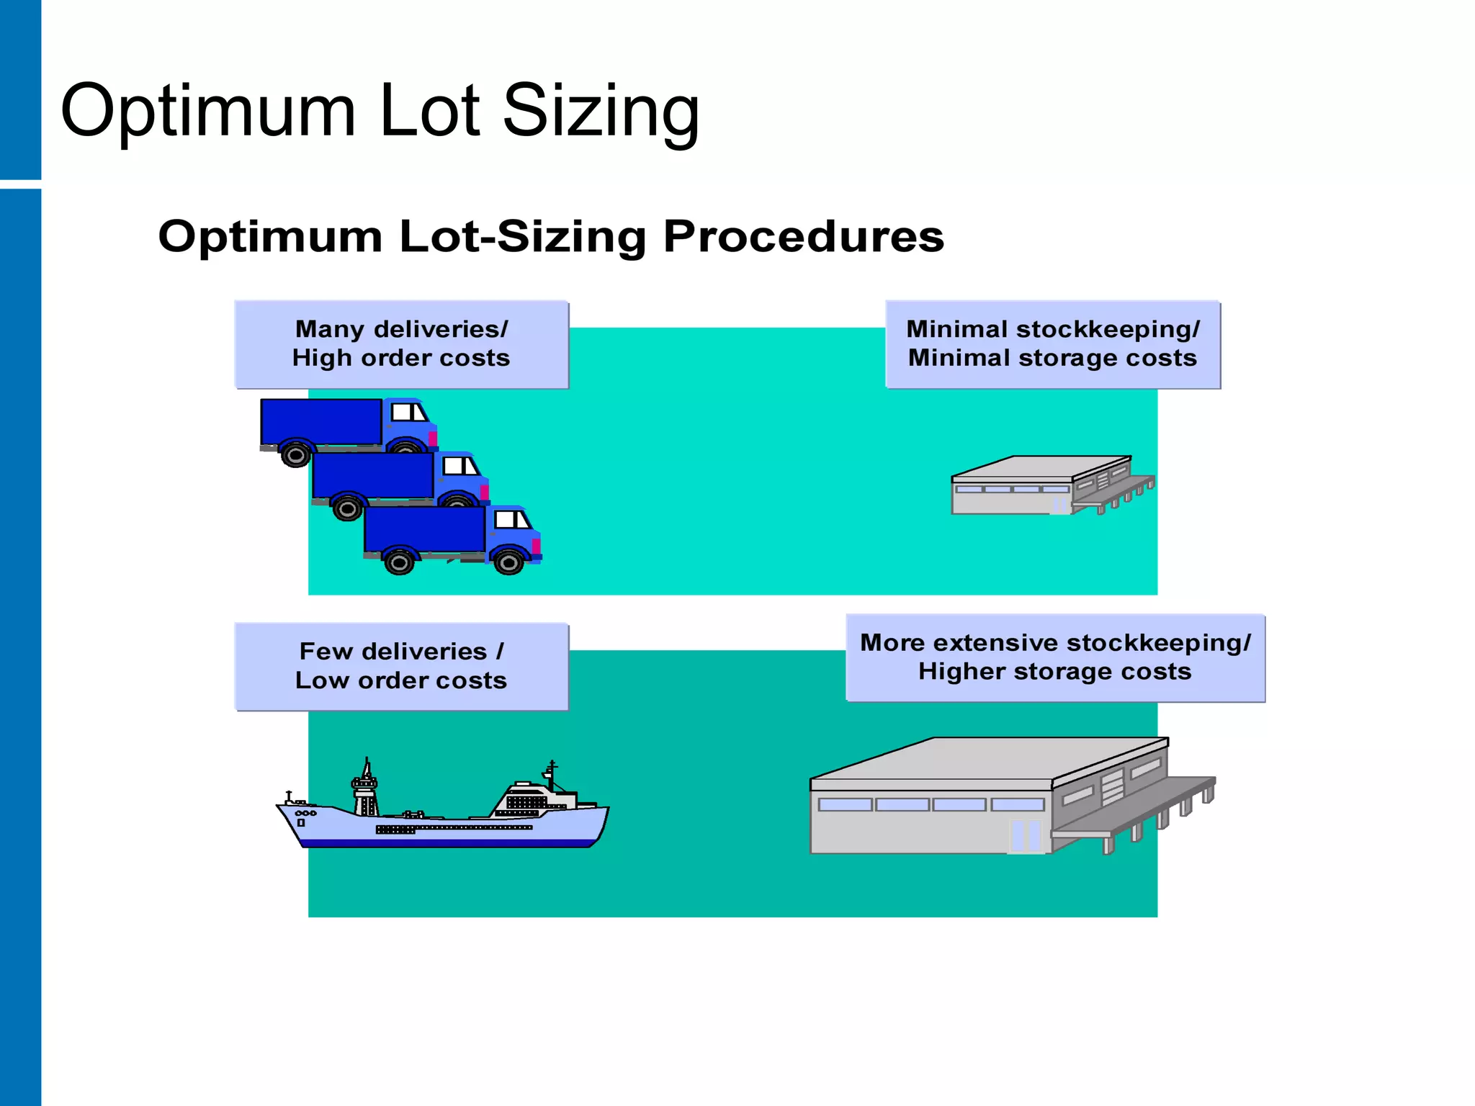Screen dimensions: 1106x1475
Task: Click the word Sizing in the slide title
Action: (601, 112)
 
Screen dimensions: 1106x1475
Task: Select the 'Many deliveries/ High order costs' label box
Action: (401, 344)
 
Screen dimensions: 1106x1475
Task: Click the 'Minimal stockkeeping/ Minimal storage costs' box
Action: (1052, 344)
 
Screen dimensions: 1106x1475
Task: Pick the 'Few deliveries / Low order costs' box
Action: (401, 666)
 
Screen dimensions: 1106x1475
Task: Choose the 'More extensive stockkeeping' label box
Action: (1055, 657)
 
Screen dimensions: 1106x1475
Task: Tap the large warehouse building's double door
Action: (1026, 836)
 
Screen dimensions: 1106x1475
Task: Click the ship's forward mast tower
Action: (365, 788)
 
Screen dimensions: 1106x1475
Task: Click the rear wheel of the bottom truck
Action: (399, 562)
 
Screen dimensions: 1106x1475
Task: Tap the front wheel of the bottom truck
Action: (508, 562)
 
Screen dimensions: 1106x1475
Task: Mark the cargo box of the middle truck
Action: (373, 475)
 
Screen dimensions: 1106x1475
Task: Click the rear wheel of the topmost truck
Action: (295, 455)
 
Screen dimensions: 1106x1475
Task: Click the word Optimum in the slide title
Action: (208, 112)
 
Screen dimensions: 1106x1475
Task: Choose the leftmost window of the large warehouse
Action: (845, 804)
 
